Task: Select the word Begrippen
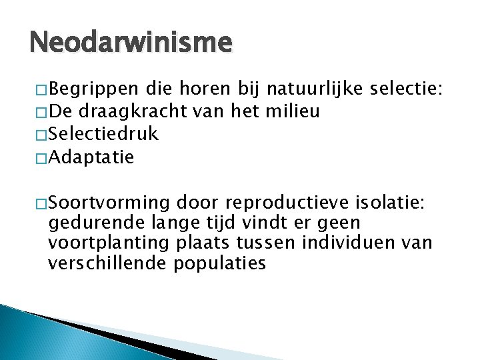coord(94,89)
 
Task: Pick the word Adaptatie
coord(91,157)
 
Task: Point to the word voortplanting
coord(100,243)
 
